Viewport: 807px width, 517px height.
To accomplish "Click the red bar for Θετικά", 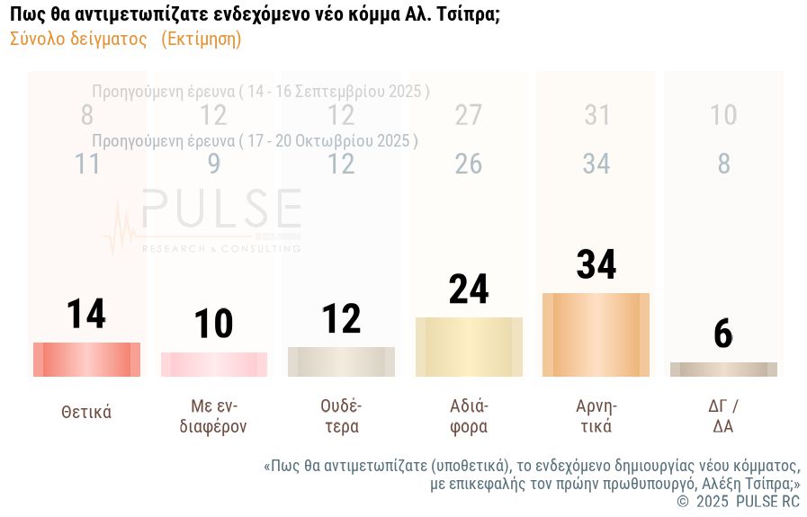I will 86,360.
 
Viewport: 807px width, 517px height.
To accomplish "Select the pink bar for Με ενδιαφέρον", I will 214,364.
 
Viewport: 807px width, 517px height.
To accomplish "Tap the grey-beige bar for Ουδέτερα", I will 341,361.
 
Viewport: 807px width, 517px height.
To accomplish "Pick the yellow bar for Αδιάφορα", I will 469,347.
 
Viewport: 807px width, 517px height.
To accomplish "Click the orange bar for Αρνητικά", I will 596,334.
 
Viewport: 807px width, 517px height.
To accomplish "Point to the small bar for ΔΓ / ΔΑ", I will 723,370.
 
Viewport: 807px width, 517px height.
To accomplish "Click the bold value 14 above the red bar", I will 86,314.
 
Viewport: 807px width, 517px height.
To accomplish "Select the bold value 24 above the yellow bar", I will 469,289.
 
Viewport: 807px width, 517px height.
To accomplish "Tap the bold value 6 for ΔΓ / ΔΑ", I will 723,334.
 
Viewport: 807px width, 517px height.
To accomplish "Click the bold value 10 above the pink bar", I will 214,324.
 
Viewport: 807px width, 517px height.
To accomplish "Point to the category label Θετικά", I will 86,413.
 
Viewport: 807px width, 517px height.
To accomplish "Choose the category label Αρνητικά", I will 596,416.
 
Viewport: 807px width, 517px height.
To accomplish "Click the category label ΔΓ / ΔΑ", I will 723,416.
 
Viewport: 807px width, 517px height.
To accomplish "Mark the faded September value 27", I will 469,115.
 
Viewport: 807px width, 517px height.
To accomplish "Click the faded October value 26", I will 469,164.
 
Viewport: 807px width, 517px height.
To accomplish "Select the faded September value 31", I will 596,115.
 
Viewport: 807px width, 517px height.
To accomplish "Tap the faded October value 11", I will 86,164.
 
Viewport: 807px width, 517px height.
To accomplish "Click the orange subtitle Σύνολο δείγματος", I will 78,39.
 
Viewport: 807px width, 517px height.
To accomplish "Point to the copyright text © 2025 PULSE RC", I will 738,502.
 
